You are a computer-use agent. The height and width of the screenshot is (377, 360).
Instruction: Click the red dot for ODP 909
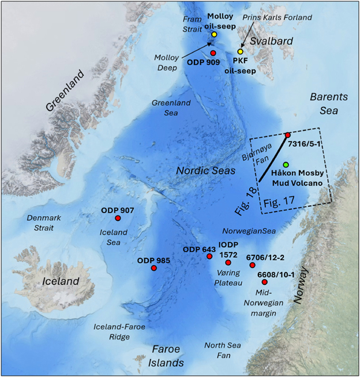click(x=213, y=53)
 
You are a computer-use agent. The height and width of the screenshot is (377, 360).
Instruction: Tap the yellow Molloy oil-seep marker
click(x=214, y=35)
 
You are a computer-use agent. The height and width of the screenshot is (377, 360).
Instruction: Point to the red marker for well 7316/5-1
click(x=288, y=135)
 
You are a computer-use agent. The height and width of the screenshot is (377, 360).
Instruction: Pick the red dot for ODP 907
click(x=118, y=218)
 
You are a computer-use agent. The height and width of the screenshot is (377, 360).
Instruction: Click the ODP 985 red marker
click(x=153, y=268)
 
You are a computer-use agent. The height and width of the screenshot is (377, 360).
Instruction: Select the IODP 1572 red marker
click(x=228, y=263)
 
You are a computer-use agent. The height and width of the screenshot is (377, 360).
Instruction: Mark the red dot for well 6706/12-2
click(x=252, y=265)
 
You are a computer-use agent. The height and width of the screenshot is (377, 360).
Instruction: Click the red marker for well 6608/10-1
click(x=264, y=282)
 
